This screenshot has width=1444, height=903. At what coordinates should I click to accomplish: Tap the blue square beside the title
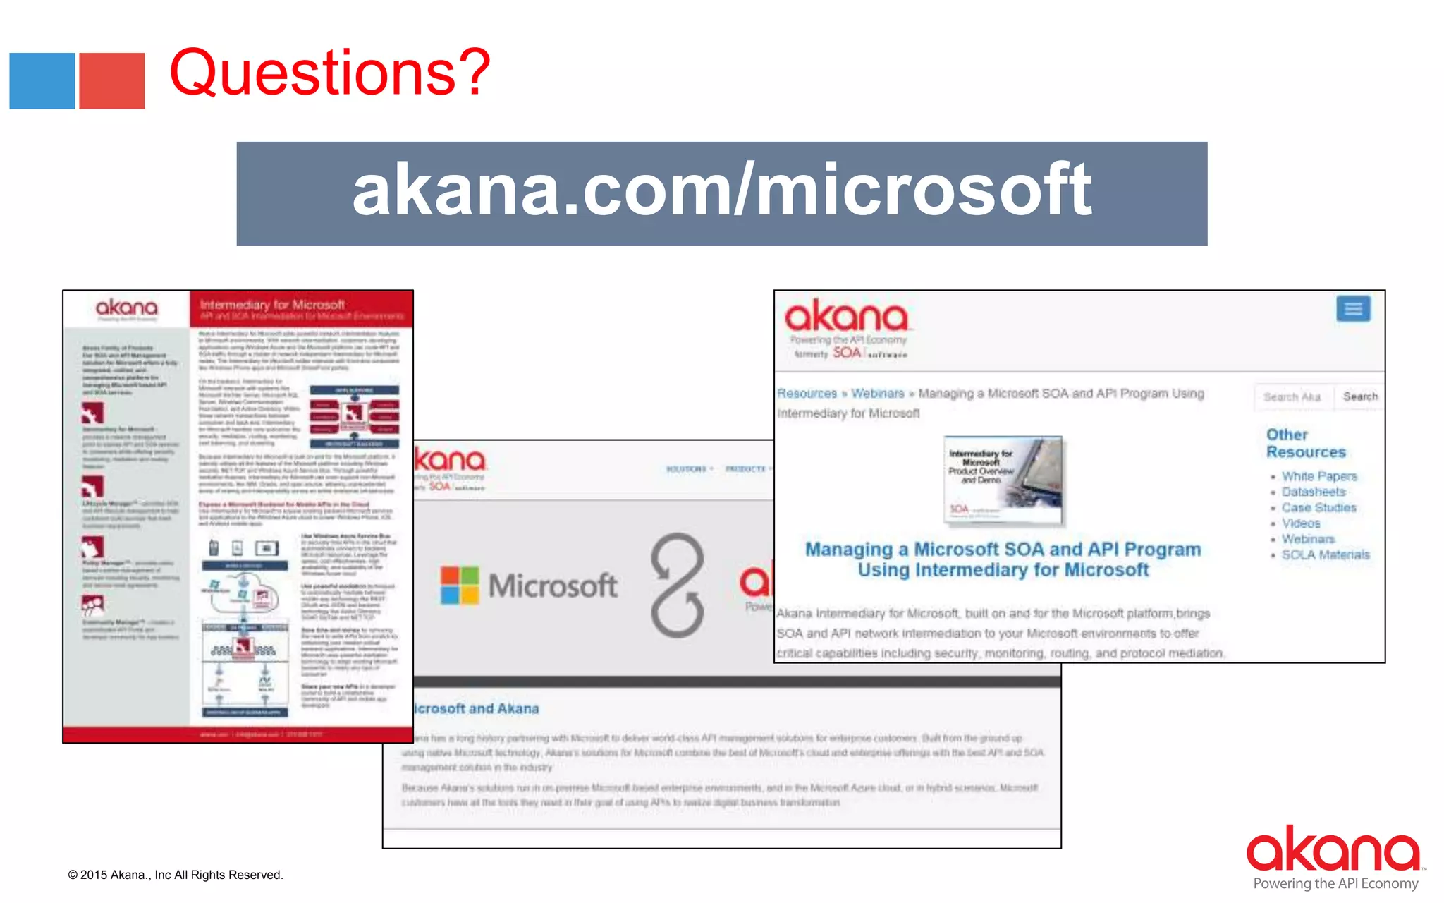pos(42,81)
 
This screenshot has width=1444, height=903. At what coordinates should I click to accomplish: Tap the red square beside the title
pos(111,81)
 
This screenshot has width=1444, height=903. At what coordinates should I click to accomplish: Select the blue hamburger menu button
pos(1353,309)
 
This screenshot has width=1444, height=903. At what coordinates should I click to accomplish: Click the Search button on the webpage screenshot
pos(1359,396)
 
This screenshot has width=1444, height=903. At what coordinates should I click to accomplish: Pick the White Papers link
pos(1318,476)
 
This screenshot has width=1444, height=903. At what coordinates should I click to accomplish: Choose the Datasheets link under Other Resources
pos(1313,492)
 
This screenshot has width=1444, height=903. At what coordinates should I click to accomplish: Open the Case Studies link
pos(1318,507)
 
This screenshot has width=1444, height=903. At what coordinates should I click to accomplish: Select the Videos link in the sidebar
pos(1301,523)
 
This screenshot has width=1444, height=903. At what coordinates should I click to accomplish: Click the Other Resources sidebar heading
pos(1305,443)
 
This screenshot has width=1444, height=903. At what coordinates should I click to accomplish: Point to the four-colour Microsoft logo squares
pos(460,585)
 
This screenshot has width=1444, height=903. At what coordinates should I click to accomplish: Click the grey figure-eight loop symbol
pos(678,585)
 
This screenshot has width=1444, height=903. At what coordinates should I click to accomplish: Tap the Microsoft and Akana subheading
pos(476,708)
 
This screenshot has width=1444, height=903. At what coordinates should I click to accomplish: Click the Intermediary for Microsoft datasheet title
pos(272,305)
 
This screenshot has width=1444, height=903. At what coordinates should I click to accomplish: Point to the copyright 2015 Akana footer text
pos(176,875)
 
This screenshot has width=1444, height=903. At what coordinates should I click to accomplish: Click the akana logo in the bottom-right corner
pos(1333,850)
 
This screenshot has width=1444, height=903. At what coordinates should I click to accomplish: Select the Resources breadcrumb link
pos(807,393)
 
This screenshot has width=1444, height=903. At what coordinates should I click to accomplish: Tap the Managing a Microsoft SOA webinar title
pos(1003,559)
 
